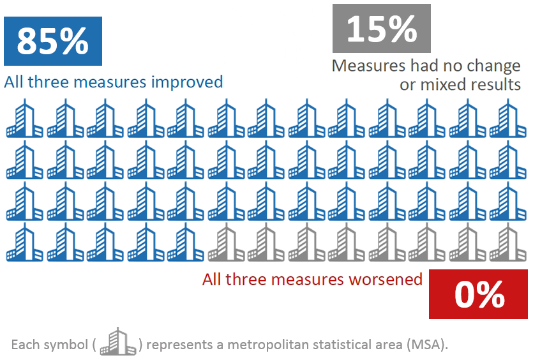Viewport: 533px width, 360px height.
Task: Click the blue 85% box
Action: click(x=52, y=41)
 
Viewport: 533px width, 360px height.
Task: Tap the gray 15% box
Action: click(x=382, y=28)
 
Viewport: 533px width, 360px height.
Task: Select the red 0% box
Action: click(x=479, y=294)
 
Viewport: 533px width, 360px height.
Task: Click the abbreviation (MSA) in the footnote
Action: click(x=425, y=345)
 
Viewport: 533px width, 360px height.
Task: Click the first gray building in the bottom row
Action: click(x=226, y=243)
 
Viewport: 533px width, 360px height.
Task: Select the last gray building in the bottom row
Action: click(x=507, y=243)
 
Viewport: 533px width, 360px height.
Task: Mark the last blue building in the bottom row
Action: click(x=186, y=243)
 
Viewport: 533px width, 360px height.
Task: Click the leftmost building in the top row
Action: click(x=25, y=119)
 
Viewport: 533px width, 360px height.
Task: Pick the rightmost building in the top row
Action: click(x=507, y=119)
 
